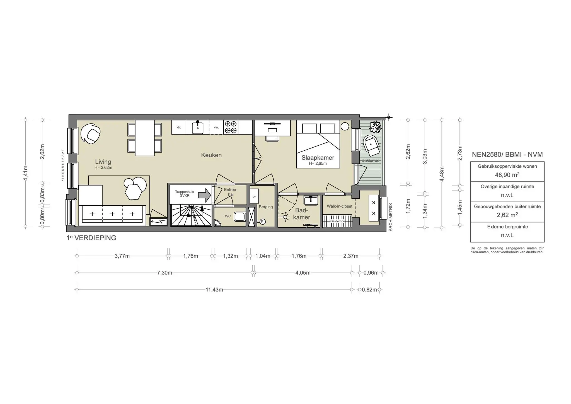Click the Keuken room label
tap(211, 155)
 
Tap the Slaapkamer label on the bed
tap(318, 158)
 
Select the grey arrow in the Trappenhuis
tap(205, 195)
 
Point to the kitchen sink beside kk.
tap(198, 128)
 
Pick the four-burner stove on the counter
tap(231, 127)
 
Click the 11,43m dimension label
tap(214, 290)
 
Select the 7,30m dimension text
tap(164, 273)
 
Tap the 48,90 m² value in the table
tap(507, 175)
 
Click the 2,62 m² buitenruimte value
tap(507, 215)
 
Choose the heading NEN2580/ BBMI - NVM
tap(507, 155)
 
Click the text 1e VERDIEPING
tap(91, 238)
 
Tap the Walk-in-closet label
tap(339, 206)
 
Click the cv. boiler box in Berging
tap(254, 196)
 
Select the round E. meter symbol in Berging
tap(262, 222)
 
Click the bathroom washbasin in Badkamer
tap(311, 200)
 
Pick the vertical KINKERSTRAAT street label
tap(63, 165)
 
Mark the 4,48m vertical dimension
tap(442, 174)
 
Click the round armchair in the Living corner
tap(91, 134)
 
